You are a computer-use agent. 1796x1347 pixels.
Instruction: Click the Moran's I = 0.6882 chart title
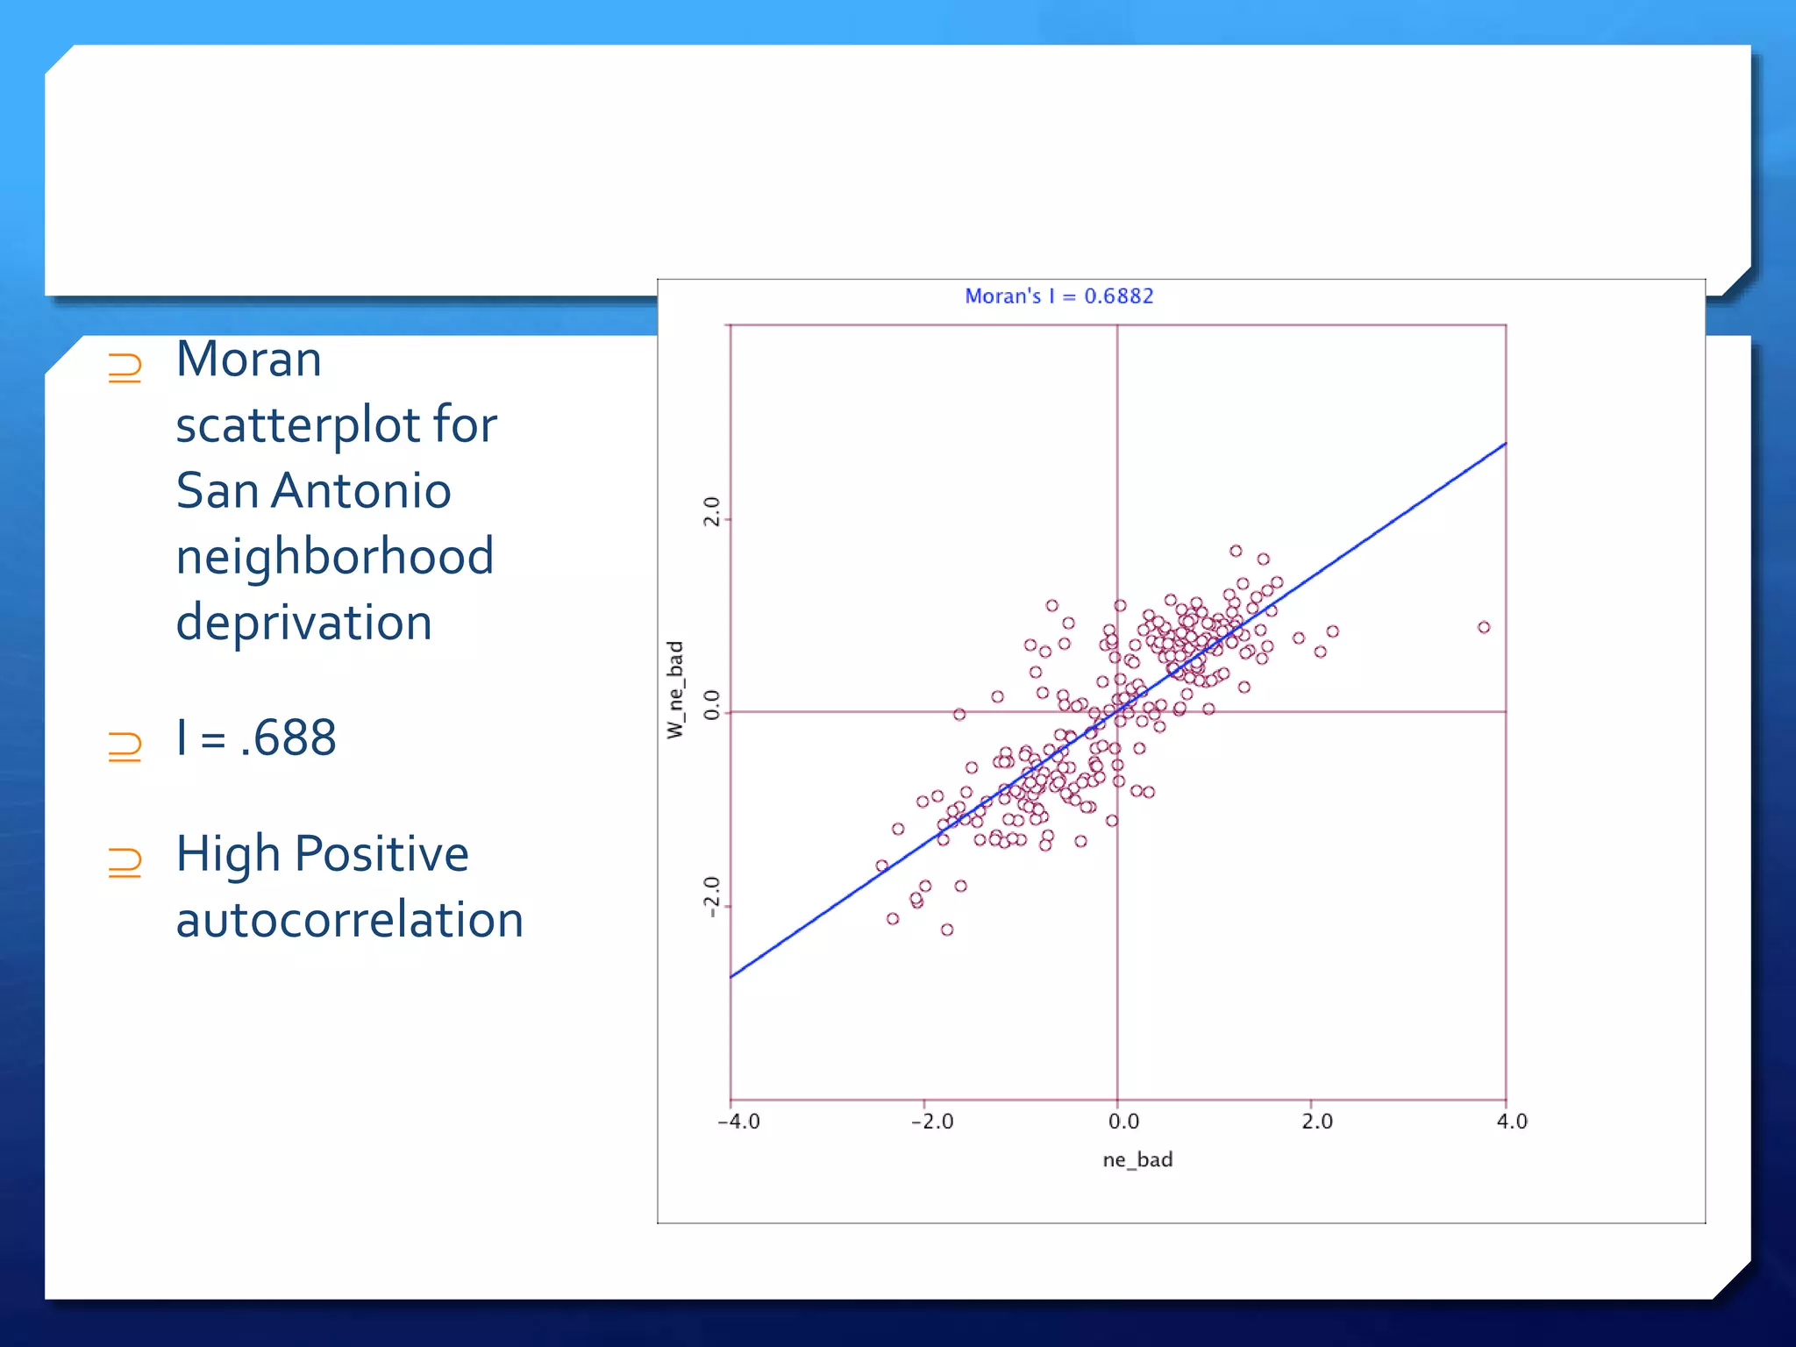tap(1058, 296)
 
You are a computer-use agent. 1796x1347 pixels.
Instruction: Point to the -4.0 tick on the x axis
tap(738, 1122)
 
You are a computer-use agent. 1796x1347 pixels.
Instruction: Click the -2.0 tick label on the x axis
tap(931, 1122)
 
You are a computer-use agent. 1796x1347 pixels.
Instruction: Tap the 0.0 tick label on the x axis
tap(1123, 1122)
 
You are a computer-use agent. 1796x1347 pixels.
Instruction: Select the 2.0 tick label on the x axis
tap(1316, 1122)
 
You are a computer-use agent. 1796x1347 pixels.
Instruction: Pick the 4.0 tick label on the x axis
tap(1512, 1122)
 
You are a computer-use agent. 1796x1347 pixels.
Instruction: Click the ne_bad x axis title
tap(1137, 1160)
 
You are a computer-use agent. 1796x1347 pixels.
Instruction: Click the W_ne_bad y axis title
tap(674, 689)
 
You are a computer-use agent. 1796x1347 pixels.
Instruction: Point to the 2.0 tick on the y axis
tap(711, 511)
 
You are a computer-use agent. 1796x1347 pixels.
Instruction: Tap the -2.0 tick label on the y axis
tap(711, 896)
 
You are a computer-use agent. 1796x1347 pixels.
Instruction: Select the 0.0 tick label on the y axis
tap(711, 704)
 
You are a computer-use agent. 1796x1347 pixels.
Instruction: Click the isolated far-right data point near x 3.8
tap(1484, 627)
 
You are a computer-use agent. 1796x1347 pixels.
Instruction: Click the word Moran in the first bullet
tap(249, 360)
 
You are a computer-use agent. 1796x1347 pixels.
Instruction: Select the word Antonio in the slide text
tap(361, 490)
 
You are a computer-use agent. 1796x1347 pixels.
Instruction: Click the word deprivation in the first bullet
tap(303, 622)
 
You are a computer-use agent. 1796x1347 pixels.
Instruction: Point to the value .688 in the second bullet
tap(288, 738)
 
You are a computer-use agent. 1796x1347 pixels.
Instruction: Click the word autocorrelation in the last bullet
tap(349, 920)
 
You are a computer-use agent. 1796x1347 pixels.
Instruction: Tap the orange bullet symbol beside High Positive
tap(125, 862)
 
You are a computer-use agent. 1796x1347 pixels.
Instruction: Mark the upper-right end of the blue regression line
tap(1505, 444)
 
